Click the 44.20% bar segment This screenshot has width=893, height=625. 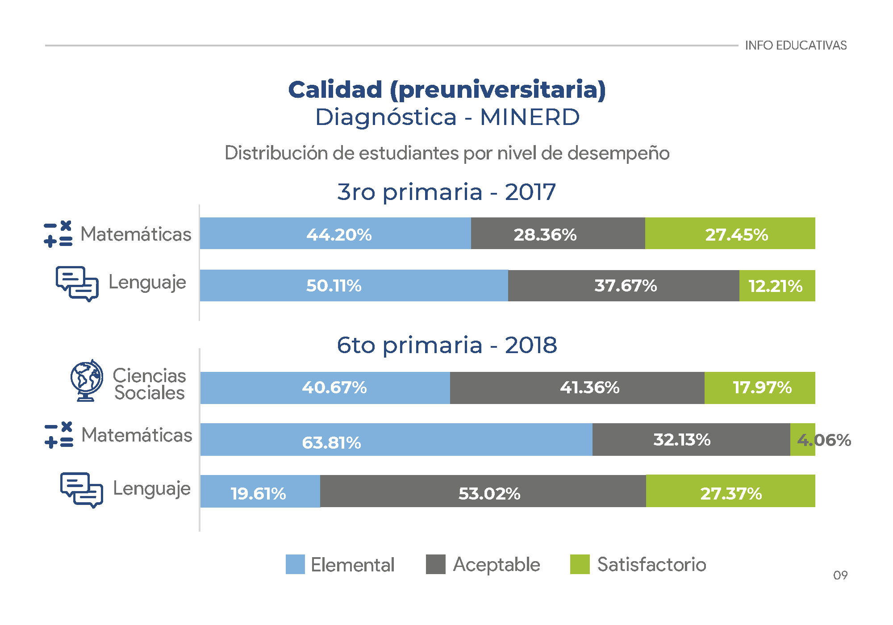click(335, 233)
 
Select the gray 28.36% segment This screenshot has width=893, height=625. click(558, 233)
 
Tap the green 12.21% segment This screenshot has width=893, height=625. click(777, 286)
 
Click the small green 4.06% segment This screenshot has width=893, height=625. click(803, 440)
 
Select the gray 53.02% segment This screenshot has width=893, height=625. click(483, 491)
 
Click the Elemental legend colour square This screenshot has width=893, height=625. click(295, 564)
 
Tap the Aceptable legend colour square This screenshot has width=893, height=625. click(435, 564)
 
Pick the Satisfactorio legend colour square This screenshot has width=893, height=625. click(580, 564)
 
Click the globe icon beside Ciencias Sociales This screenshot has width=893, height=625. click(87, 380)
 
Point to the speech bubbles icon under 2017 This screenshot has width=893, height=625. click(77, 283)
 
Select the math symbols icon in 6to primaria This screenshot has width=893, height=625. click(58, 435)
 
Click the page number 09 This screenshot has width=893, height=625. click(840, 575)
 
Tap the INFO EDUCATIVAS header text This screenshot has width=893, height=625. click(796, 46)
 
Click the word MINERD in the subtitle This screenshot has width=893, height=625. click(530, 117)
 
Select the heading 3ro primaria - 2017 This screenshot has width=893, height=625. click(446, 192)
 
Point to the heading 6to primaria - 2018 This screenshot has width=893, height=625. click(446, 345)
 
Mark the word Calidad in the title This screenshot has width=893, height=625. click(335, 89)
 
